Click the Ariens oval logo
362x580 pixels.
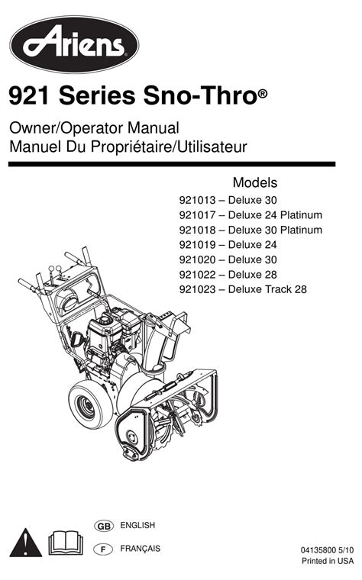(x=74, y=44)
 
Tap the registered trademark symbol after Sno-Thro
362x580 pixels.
(x=262, y=94)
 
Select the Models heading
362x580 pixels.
(x=255, y=182)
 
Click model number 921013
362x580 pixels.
(x=197, y=200)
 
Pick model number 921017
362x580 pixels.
(x=197, y=215)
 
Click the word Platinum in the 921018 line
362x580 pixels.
(x=301, y=230)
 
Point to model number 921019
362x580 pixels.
(x=197, y=244)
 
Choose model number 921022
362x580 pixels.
(x=197, y=275)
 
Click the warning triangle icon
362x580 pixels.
(x=25, y=543)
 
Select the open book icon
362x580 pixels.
(x=66, y=543)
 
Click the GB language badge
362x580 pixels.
(x=104, y=526)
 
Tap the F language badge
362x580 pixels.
(x=104, y=549)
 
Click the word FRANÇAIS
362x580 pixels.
(x=141, y=549)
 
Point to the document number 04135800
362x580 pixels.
(x=318, y=550)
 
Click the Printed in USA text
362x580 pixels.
(x=328, y=561)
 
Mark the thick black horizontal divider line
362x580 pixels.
(x=172, y=164)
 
